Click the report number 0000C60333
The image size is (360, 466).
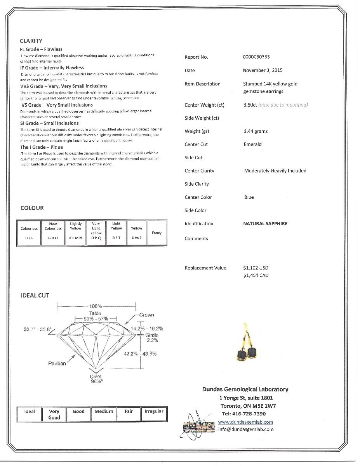(x=256, y=57)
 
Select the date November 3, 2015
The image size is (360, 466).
(x=263, y=70)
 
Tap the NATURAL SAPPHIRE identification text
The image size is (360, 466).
(x=265, y=224)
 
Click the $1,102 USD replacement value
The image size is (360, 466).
(x=256, y=268)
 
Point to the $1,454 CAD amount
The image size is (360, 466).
(x=256, y=275)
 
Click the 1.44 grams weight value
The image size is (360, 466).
(x=256, y=131)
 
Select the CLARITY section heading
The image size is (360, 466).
(x=31, y=41)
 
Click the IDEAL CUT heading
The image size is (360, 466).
(x=35, y=296)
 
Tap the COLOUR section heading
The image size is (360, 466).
(x=32, y=208)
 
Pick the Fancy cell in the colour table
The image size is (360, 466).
(x=157, y=233)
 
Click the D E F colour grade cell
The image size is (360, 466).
(x=29, y=238)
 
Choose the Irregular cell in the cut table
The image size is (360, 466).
(x=154, y=411)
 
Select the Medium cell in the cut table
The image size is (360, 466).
(x=104, y=411)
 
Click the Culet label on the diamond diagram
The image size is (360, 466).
(x=96, y=376)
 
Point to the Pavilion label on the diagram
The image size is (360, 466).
(x=57, y=363)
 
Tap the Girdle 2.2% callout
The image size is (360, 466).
(x=152, y=337)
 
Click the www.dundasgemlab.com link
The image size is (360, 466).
(x=245, y=422)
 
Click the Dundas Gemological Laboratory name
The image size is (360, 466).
(x=245, y=389)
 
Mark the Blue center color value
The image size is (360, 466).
(x=249, y=197)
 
